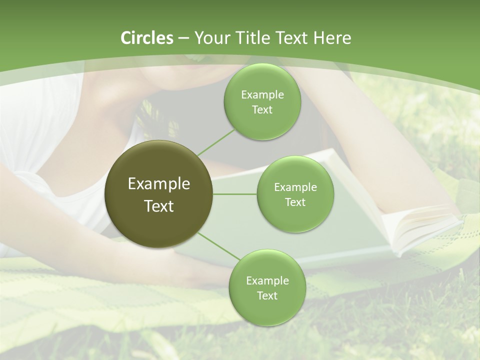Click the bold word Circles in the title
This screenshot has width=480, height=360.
(x=146, y=38)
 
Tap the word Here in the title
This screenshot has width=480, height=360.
(x=332, y=38)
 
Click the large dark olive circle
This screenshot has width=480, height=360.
(x=158, y=194)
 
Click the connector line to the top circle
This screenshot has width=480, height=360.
(x=216, y=141)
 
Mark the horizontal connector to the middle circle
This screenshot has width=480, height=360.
(x=235, y=194)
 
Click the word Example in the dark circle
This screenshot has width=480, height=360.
(x=158, y=184)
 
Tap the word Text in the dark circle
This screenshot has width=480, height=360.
(x=158, y=206)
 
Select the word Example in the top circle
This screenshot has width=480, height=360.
(x=262, y=95)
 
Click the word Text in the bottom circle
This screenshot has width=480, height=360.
(x=267, y=295)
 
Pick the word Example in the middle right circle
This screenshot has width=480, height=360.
(x=295, y=187)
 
